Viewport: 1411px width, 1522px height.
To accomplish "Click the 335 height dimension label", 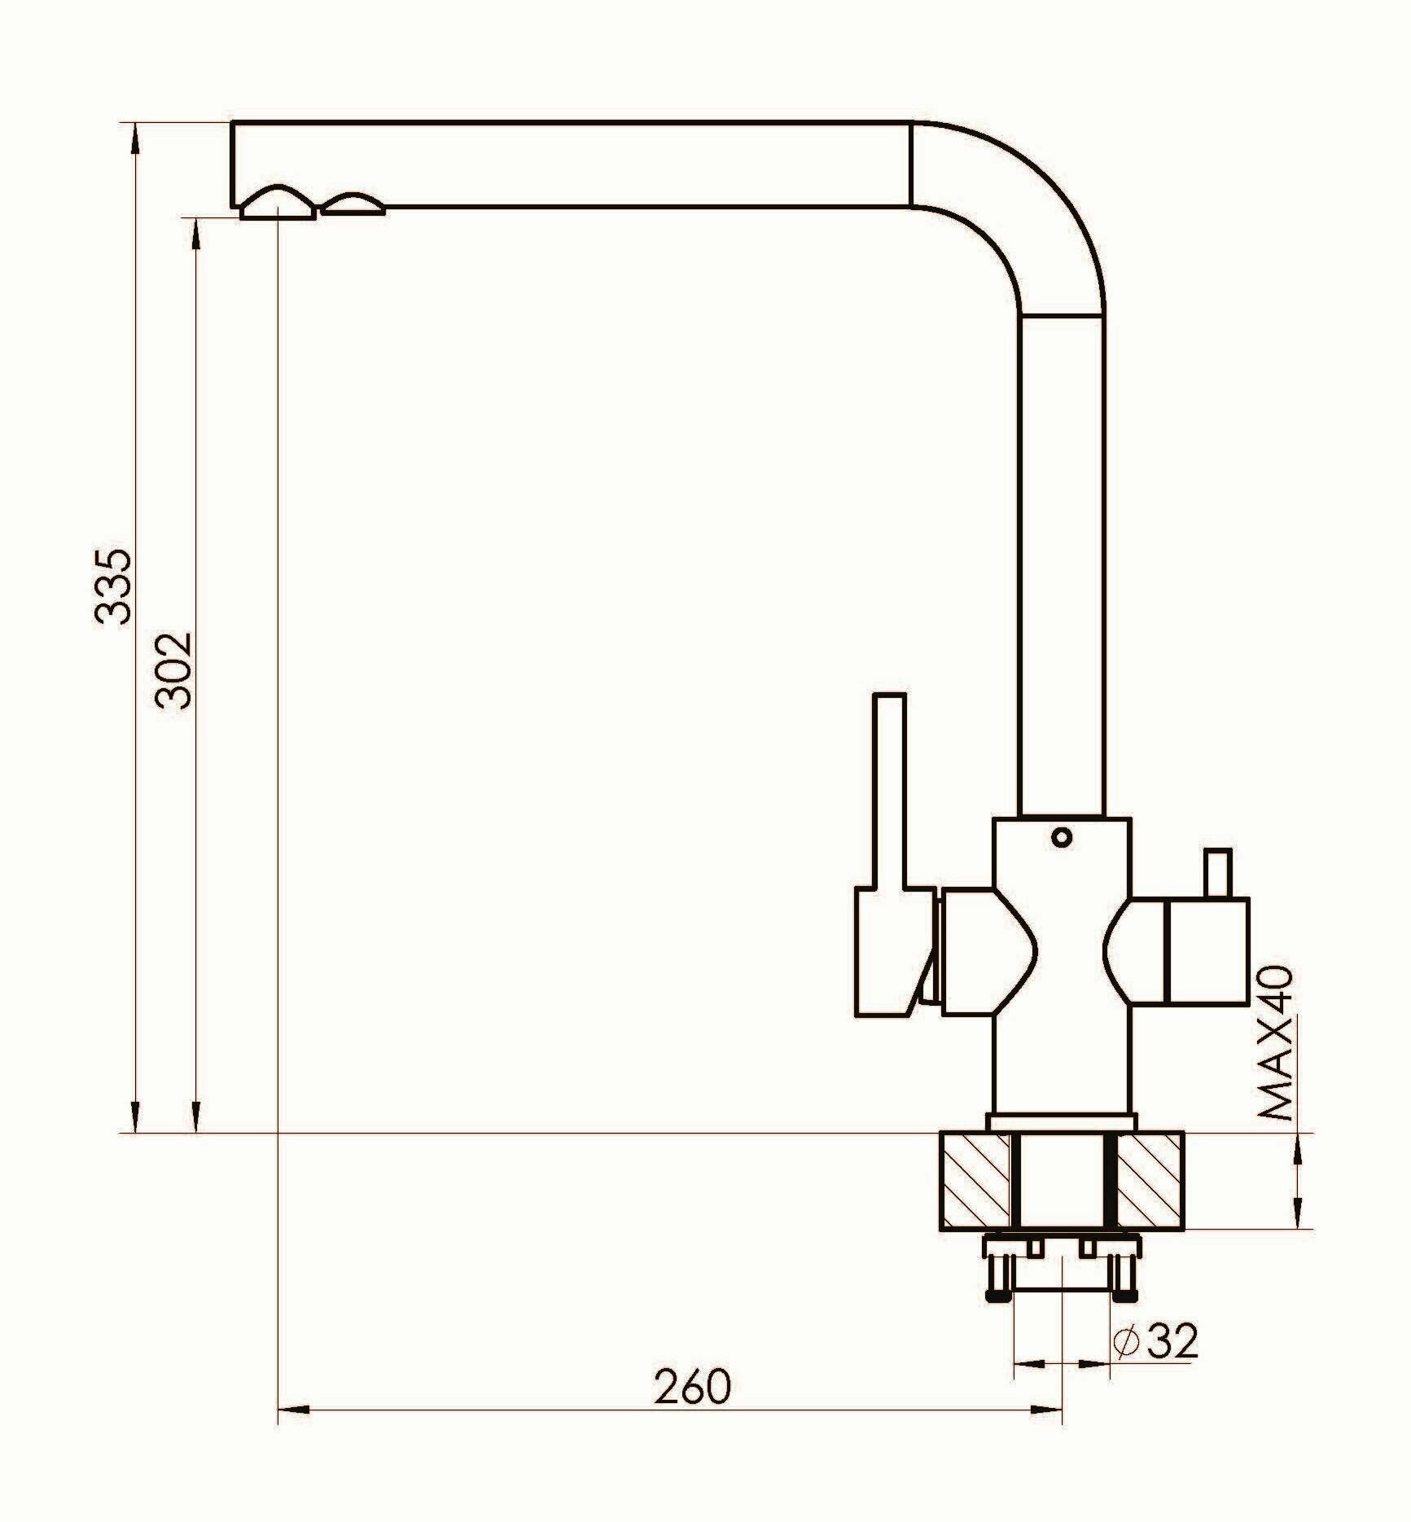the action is tap(112, 587).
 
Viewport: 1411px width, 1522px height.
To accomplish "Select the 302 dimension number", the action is tap(174, 670).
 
